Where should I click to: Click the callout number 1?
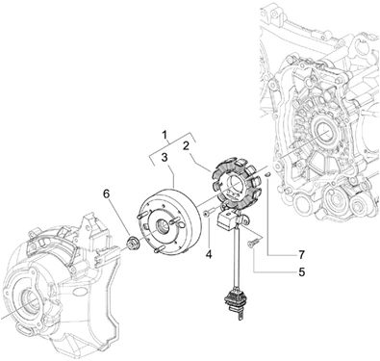point(165,136)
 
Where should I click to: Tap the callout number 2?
point(186,146)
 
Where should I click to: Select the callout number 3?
point(165,158)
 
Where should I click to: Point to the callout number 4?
point(209,255)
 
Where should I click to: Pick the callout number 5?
point(301,272)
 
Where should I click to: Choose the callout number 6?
point(106,193)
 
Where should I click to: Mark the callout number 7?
point(301,255)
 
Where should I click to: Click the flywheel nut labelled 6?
point(132,245)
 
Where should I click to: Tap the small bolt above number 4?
point(208,212)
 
